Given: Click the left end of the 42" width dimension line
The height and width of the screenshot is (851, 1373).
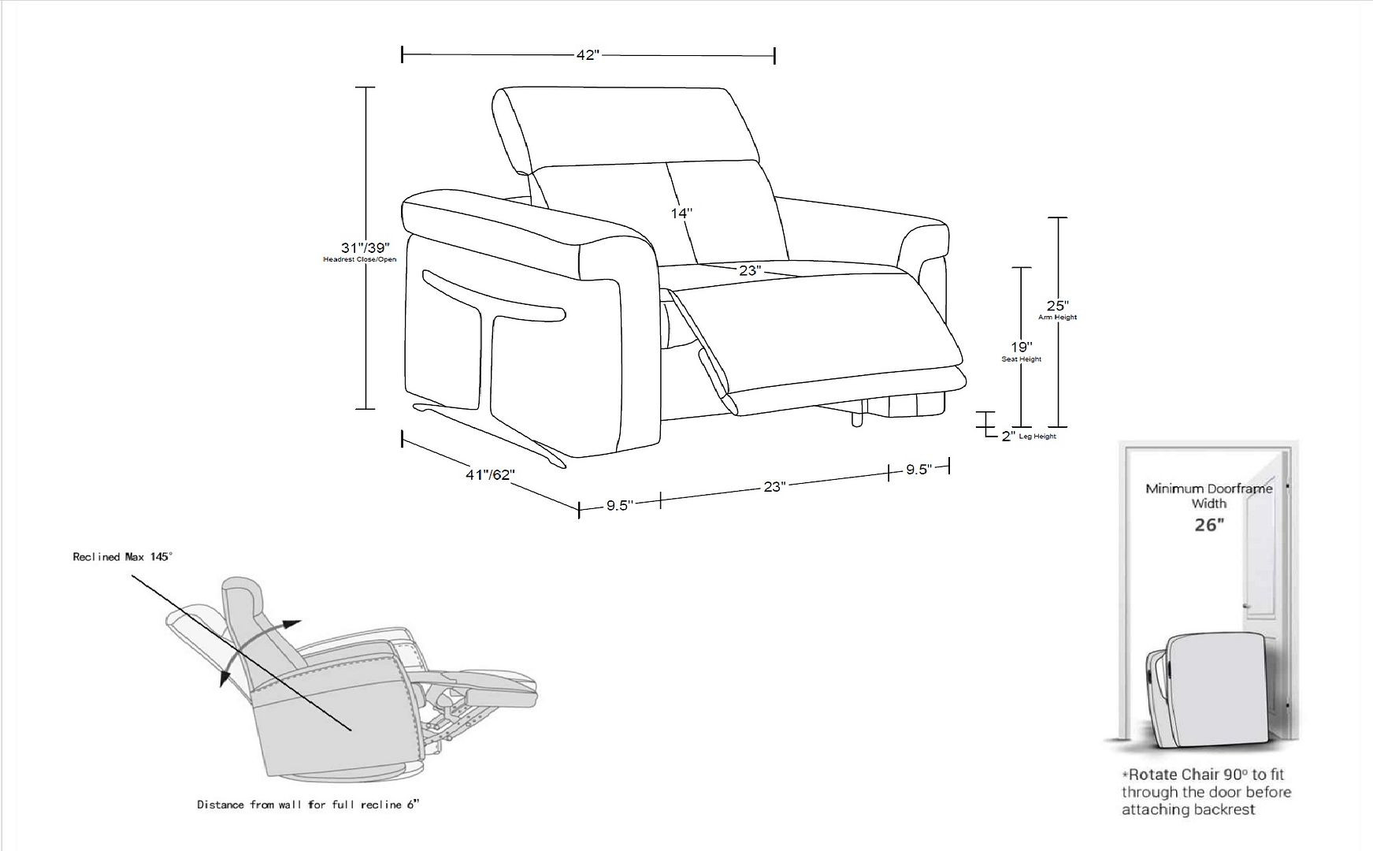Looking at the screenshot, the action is [x=403, y=54].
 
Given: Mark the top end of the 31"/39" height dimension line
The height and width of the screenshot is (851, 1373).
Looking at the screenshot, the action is [x=366, y=87].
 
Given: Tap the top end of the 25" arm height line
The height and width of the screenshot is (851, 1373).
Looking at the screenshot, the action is [x=1058, y=217].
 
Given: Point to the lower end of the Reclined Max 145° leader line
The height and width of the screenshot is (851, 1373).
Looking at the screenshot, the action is [x=351, y=730].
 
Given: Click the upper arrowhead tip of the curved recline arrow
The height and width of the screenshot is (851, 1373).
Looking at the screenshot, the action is [x=302, y=622].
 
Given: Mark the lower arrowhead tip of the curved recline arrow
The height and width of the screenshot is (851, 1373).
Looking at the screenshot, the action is [x=221, y=686].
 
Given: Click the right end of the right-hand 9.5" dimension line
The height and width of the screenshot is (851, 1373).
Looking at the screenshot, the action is [x=948, y=467].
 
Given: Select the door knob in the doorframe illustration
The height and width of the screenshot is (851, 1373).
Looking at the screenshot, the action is [x=1246, y=605].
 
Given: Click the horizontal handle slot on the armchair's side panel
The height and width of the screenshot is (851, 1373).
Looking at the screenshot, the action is [x=494, y=296].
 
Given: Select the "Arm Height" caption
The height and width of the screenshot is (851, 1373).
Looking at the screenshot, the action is [x=1057, y=318].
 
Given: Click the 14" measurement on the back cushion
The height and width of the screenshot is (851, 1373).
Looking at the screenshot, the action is [x=682, y=213].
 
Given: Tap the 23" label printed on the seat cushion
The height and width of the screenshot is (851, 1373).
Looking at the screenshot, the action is [x=750, y=270].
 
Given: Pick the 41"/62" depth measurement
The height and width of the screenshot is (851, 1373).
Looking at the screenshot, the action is [x=490, y=475].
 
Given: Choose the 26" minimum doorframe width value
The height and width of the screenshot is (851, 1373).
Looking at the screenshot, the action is [x=1209, y=525].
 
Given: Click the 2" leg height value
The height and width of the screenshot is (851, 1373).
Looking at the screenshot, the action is [x=1008, y=436].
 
